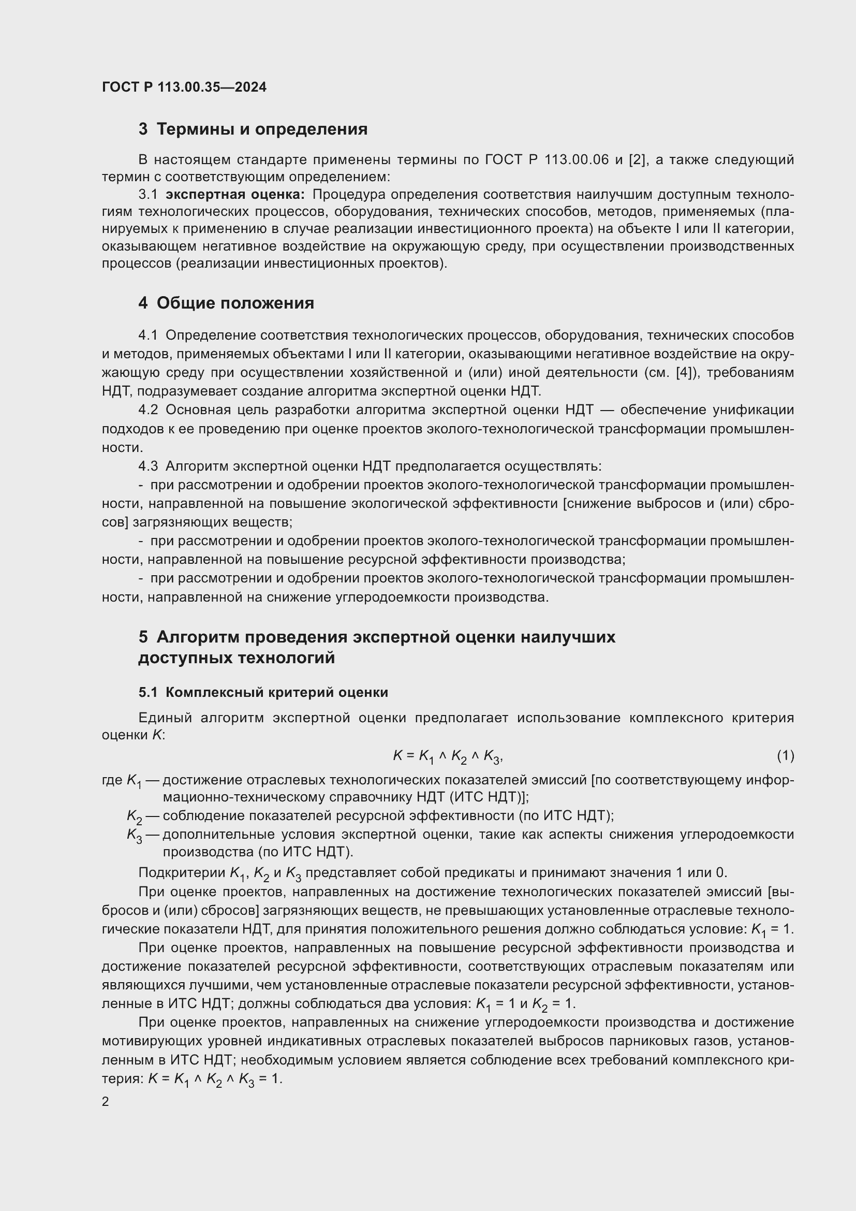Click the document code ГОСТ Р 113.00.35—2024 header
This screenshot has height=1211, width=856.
pos(184,87)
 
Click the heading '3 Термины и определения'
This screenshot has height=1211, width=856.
pos(253,129)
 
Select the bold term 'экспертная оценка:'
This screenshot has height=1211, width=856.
pos(235,195)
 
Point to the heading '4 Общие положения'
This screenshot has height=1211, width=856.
pos(226,303)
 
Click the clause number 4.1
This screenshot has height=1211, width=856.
pos(148,335)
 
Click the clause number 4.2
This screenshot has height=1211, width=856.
pos(148,410)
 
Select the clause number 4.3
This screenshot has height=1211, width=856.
pos(148,466)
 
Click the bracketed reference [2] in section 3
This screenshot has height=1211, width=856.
pos(637,160)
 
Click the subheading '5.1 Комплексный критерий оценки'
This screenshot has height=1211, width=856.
pos(263,693)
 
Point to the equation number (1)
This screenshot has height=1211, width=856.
pos(785,756)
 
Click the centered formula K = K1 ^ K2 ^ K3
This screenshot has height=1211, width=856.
pos(448,756)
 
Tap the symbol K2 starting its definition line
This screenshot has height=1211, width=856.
pos(135,816)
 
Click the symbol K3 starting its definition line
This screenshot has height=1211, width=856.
pos(135,835)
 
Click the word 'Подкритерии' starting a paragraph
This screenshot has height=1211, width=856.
pos(182,872)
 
